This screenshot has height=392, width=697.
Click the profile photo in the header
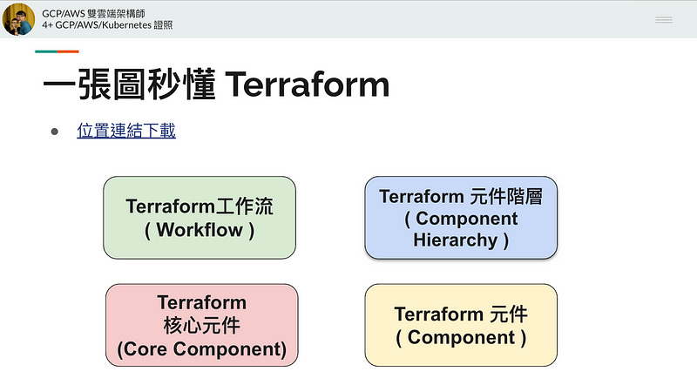coord(19,19)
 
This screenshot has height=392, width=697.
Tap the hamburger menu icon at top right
coord(664,19)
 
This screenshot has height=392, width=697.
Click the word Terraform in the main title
coord(307,85)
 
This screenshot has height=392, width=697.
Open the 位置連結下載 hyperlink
coord(126,132)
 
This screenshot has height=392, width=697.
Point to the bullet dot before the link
coord(54,132)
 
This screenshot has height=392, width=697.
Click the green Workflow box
coord(200,217)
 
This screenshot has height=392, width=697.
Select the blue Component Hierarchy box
coord(461,218)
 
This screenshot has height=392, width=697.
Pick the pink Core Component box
coord(201,325)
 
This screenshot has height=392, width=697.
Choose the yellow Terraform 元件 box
coord(461,325)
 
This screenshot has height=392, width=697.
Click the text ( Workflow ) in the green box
coord(200,230)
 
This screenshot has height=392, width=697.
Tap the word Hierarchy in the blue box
coord(455,240)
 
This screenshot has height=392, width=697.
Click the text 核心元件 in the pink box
coord(201,326)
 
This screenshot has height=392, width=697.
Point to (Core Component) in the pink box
coord(201,349)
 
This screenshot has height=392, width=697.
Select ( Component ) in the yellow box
coord(461,337)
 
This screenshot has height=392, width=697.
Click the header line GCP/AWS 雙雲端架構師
coord(95,13)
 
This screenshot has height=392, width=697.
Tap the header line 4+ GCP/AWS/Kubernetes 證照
coord(106,25)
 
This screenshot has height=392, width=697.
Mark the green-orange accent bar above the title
coord(57,52)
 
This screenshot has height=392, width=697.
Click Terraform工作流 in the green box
coord(200,206)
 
